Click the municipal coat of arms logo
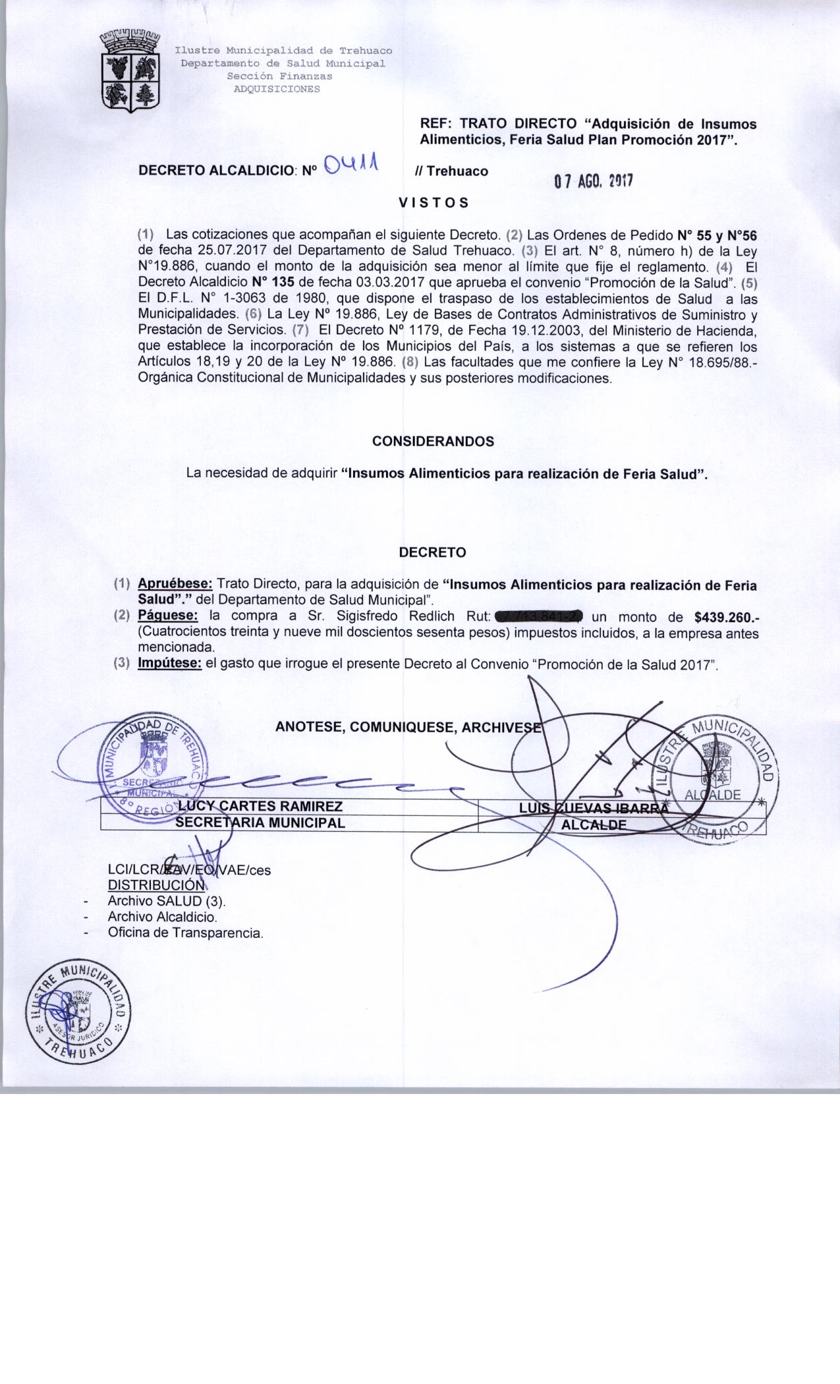pyautogui.click(x=130, y=72)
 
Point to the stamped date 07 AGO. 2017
pyautogui.click(x=593, y=181)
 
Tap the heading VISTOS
pyautogui.click(x=434, y=203)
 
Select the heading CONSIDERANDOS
pyautogui.click(x=433, y=442)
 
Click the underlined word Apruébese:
pyautogui.click(x=175, y=585)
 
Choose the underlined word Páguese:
pyautogui.click(x=167, y=617)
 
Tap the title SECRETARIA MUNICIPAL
pyautogui.click(x=260, y=822)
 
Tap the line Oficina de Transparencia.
pyautogui.click(x=185, y=933)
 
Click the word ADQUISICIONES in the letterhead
pyautogui.click(x=277, y=90)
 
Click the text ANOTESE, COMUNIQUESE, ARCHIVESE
pyautogui.click(x=408, y=727)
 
